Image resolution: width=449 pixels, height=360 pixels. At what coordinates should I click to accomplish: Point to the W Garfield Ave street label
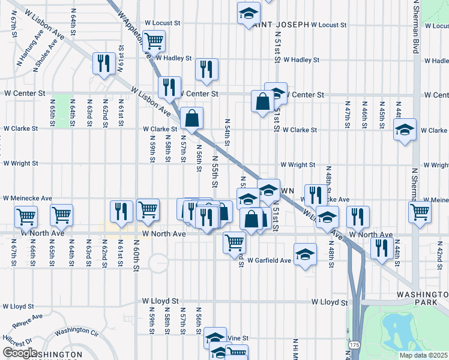pyautogui.click(x=269, y=261)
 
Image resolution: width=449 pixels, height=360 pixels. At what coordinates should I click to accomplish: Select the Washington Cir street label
pyautogui.click(x=76, y=331)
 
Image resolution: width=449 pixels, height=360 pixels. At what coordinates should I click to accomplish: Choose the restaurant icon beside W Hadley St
pyautogui.click(x=206, y=68)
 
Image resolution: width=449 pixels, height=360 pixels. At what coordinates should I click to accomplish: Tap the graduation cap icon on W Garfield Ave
pyautogui.click(x=305, y=254)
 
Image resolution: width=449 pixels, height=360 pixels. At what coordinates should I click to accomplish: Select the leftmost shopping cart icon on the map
pyautogui.click(x=26, y=216)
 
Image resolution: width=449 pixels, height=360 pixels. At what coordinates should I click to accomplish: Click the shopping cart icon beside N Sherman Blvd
pyautogui.click(x=420, y=211)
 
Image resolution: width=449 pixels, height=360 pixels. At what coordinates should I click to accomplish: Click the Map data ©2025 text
pyautogui.click(x=422, y=355)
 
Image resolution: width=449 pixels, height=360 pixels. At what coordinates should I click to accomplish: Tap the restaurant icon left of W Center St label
pyautogui.click(x=169, y=86)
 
